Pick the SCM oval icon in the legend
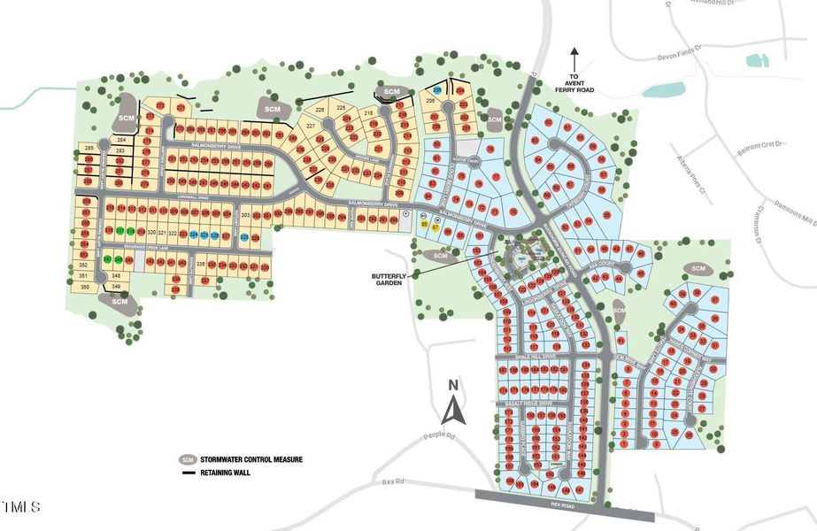tap(187, 460)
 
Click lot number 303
tap(246, 215)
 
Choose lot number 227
tap(311, 127)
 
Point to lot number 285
tap(89, 147)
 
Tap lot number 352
tap(84, 265)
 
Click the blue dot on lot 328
tap(243, 236)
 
